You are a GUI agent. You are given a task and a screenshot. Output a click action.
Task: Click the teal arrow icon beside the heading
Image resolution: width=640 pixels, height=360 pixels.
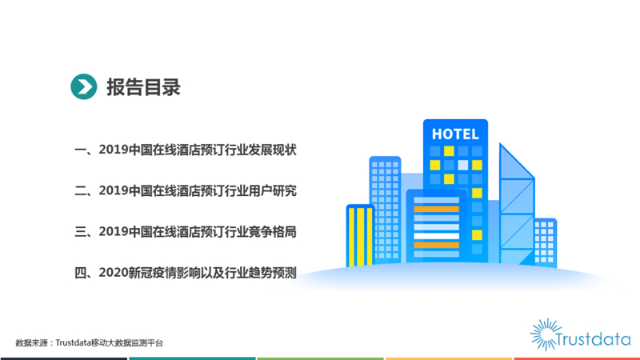click(x=84, y=86)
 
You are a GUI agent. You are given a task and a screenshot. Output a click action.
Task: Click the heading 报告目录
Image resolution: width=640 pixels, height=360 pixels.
click(x=143, y=87)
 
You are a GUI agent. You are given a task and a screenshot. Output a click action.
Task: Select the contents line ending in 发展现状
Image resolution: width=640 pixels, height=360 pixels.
click(x=186, y=150)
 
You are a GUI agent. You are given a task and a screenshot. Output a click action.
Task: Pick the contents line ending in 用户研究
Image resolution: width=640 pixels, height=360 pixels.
click(x=186, y=190)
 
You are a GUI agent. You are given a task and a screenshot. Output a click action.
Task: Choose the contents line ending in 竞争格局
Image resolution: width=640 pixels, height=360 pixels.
click(x=186, y=232)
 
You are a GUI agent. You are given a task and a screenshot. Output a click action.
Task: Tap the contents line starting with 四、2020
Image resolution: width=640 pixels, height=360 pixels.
click(x=186, y=273)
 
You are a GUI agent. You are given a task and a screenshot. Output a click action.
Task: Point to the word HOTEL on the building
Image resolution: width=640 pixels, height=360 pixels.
click(x=455, y=134)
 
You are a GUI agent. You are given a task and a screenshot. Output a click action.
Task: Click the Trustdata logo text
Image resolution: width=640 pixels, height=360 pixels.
click(x=593, y=339)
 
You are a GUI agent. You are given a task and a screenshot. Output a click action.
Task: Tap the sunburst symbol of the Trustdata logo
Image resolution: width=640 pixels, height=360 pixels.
click(x=546, y=334)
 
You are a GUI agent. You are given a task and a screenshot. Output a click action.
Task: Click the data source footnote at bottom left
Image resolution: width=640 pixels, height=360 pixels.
click(x=90, y=343)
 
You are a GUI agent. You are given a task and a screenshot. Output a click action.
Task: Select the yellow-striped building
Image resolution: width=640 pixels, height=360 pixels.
click(x=360, y=236)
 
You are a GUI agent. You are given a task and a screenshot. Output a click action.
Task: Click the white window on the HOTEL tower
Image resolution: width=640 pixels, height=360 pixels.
click(x=463, y=165)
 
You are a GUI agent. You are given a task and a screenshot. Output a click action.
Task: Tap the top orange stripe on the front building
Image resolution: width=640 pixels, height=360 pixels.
click(x=436, y=209)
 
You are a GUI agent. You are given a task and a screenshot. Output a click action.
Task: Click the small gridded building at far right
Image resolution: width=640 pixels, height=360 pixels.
click(x=546, y=242)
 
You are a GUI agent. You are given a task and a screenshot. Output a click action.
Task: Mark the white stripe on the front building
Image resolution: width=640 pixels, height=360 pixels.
click(x=436, y=236)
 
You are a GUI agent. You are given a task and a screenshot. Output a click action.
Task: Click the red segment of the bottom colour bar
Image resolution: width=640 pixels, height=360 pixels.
click(x=577, y=358)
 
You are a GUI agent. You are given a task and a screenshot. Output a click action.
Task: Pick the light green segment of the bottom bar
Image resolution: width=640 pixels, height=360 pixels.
click(x=321, y=358)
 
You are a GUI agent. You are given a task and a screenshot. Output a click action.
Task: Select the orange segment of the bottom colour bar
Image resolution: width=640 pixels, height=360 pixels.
click(x=449, y=358)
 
